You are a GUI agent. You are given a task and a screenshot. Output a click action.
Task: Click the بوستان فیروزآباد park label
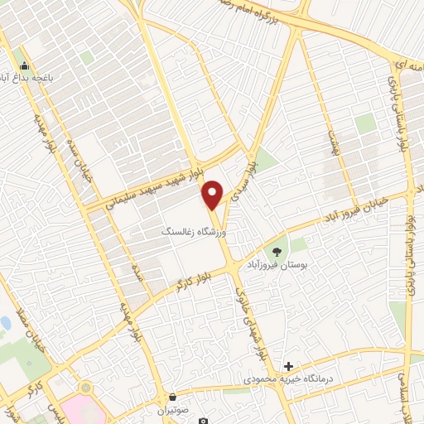(277, 266)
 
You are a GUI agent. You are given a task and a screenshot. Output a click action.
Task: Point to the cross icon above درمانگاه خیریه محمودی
(288, 366)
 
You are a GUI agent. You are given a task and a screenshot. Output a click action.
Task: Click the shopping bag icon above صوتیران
(172, 397)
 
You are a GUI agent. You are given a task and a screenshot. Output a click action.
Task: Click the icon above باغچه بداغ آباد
(25, 66)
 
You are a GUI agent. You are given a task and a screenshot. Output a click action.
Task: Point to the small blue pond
(4, 322)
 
